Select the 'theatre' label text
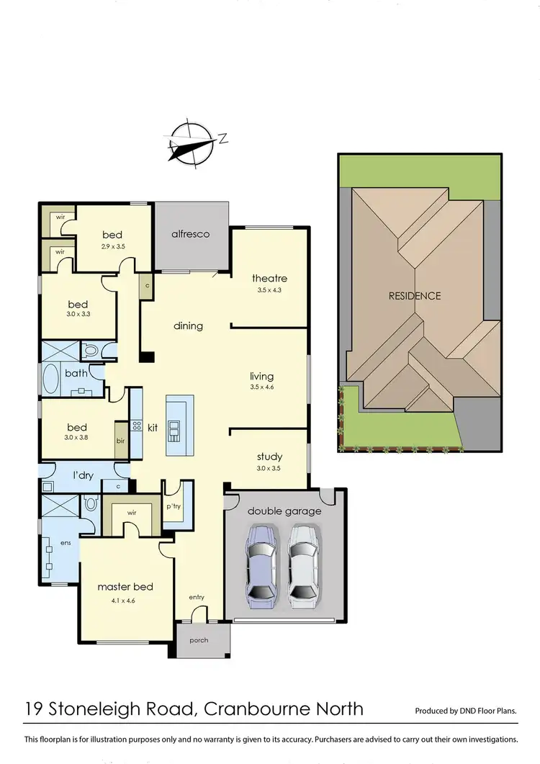tap(269, 279)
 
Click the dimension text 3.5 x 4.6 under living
tap(261, 387)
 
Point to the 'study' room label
tap(269, 457)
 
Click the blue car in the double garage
tap(262, 562)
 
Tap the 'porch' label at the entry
tap(198, 640)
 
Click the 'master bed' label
tap(125, 587)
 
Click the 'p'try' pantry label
tap(174, 506)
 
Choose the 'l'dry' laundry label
tap(86, 475)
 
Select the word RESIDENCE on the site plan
tap(414, 296)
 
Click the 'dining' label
tap(188, 325)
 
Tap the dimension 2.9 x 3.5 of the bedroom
tap(112, 246)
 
